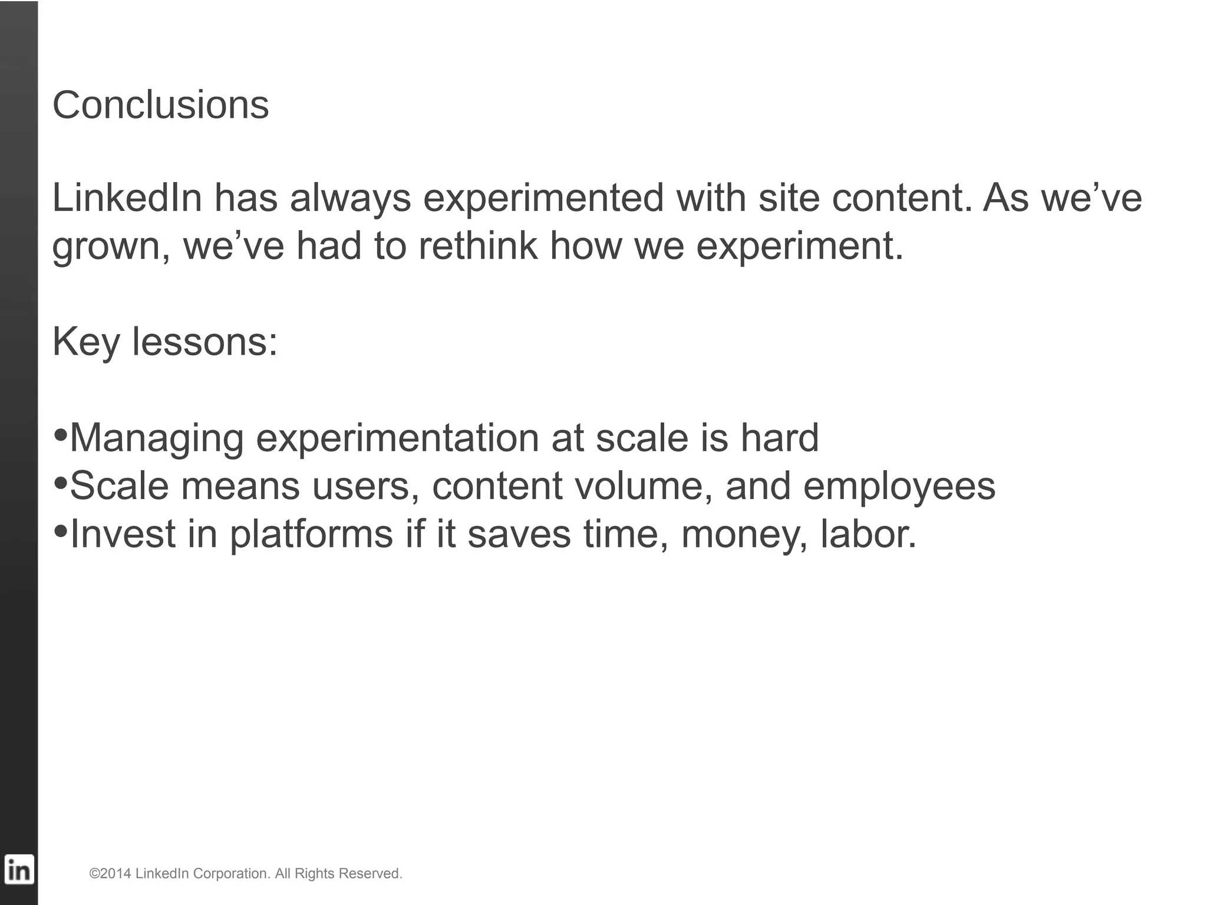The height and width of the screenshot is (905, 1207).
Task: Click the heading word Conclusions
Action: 160,105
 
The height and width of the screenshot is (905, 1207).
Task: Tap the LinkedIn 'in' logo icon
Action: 19,870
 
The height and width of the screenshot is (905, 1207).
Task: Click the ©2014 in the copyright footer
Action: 110,873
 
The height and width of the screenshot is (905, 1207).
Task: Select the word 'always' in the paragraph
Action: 350,198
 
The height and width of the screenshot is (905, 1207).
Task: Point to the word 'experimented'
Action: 543,198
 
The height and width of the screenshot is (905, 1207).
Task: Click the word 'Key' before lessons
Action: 86,342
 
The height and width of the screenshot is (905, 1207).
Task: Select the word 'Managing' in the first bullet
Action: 156,438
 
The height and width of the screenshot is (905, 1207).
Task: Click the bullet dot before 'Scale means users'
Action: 60,484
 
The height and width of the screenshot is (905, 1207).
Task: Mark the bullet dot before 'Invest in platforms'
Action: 60,532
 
